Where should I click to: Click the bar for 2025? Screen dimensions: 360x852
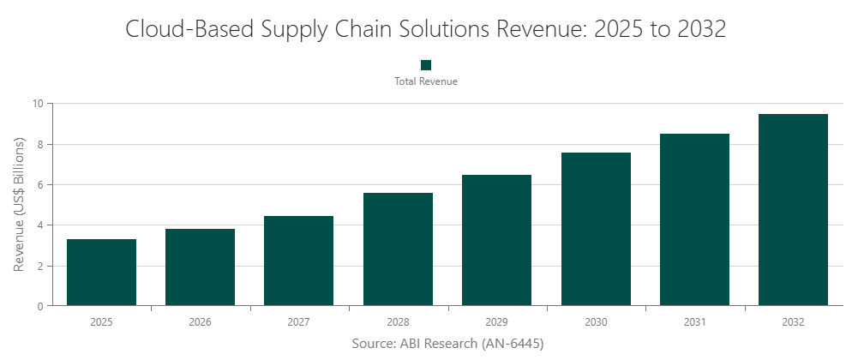pos(101,273)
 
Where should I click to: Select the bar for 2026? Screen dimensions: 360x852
pos(200,267)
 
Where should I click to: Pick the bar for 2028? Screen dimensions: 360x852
pos(398,249)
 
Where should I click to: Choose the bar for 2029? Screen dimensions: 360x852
pos(496,240)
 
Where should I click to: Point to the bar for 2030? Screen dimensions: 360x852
pos(596,229)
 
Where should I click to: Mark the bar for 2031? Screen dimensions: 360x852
pos(694,219)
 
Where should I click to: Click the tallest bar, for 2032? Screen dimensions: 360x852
pos(794,210)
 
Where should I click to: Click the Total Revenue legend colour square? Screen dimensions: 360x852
pos(426,65)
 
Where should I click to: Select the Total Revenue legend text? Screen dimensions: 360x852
pos(426,81)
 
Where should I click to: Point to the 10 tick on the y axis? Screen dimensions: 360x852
pos(38,104)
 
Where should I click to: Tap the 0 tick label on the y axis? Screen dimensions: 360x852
pos(40,306)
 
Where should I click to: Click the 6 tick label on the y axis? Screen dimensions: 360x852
pos(40,184)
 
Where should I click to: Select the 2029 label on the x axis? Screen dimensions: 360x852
pos(496,322)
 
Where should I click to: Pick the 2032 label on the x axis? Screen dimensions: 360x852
pos(794,322)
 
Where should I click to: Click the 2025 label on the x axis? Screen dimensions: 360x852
pos(101,322)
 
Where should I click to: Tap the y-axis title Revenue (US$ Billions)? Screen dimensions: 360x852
pos(20,205)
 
